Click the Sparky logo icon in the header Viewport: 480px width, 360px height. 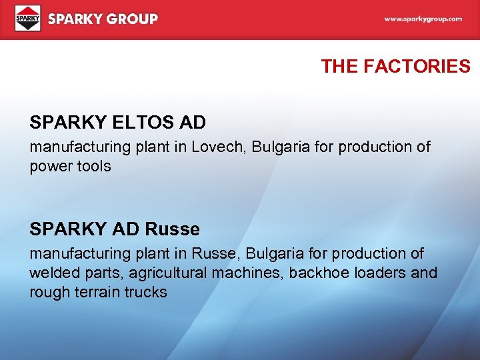coord(27,19)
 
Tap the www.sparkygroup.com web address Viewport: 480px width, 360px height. coord(423,19)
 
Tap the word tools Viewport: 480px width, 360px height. coord(95,166)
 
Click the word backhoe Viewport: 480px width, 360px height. coord(316,273)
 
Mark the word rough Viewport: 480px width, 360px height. coord(49,292)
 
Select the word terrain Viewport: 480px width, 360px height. coord(96,292)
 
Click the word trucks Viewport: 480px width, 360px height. coord(145,292)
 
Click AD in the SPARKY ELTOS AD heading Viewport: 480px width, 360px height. coord(191,123)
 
